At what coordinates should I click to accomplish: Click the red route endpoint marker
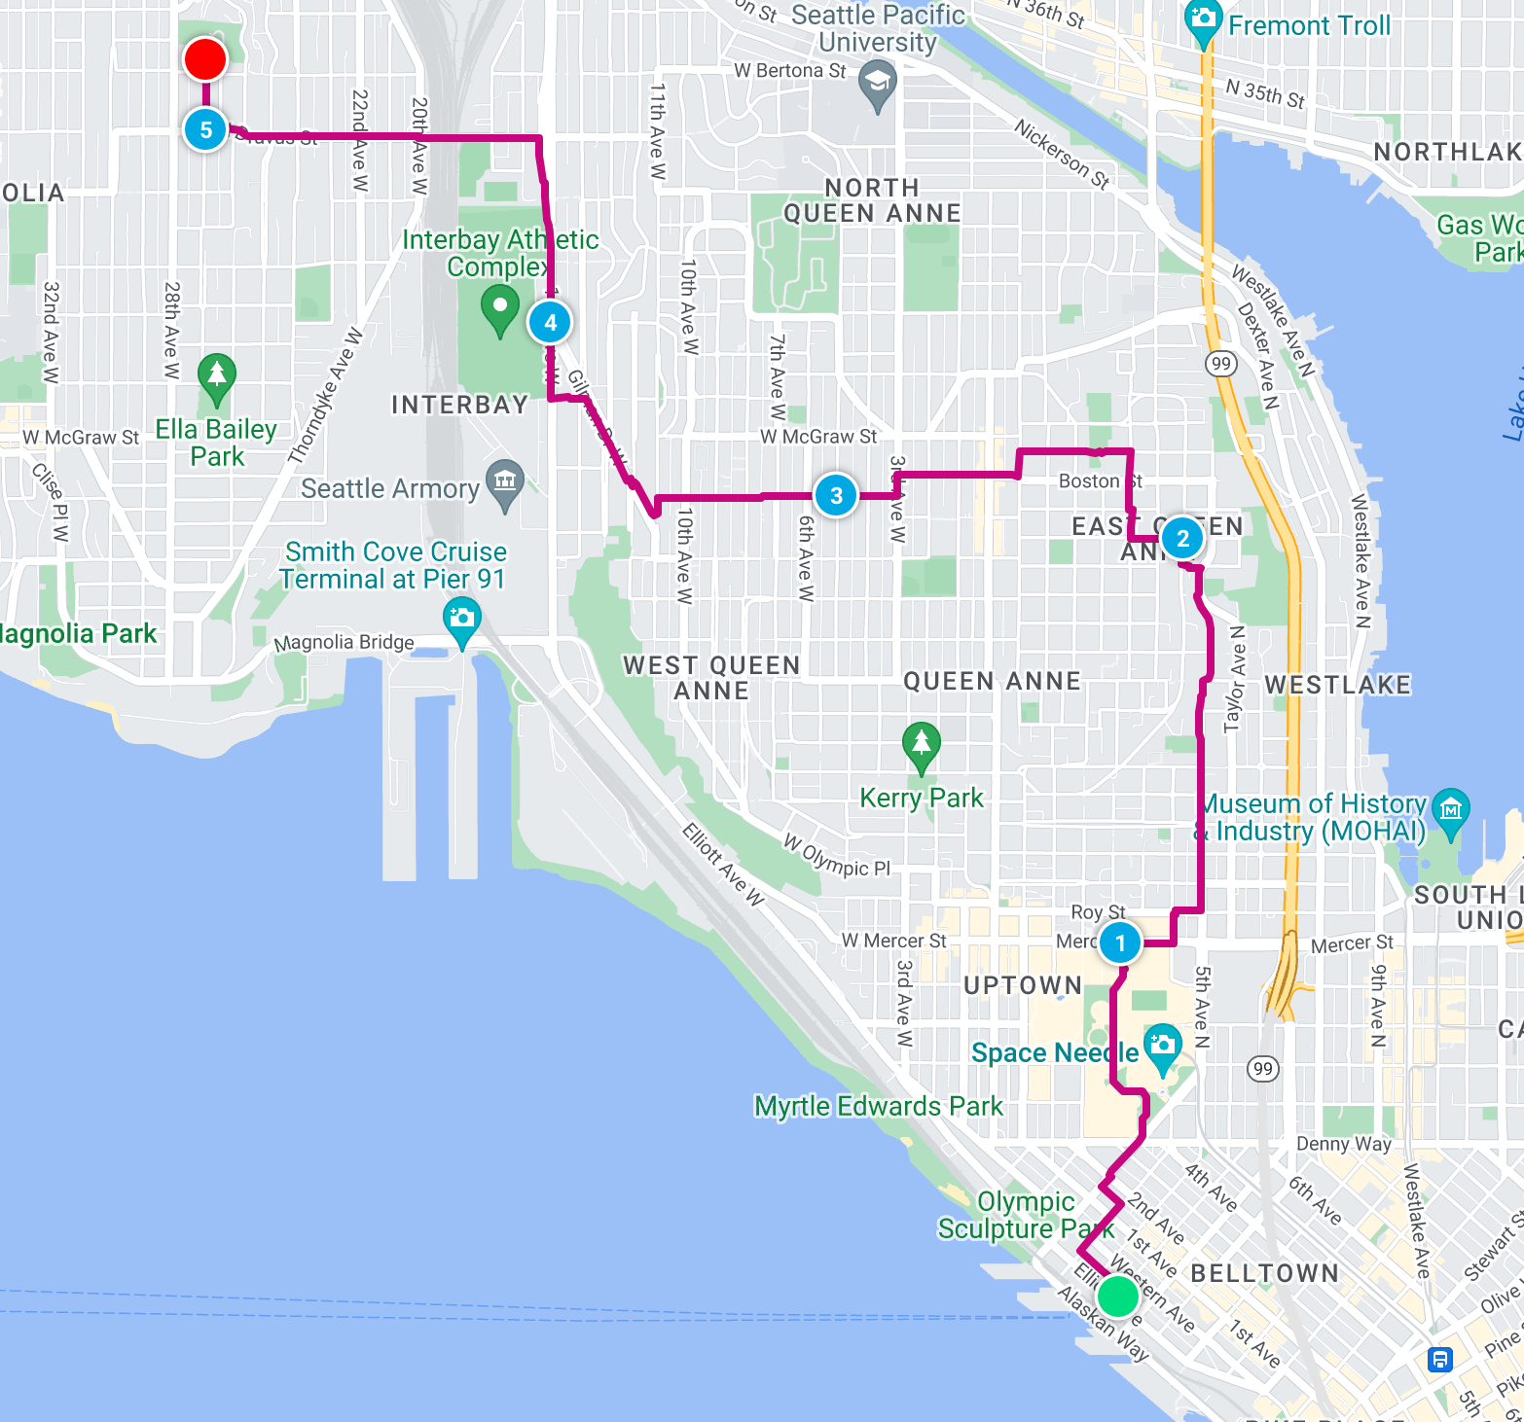pos(205,59)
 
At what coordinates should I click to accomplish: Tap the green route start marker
pos(1118,1297)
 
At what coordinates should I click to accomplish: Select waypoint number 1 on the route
pos(1120,942)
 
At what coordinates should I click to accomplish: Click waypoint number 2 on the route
pos(1182,538)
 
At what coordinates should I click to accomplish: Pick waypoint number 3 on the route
pos(836,495)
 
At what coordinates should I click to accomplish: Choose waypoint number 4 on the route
pos(550,322)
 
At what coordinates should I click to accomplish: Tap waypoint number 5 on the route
pos(205,129)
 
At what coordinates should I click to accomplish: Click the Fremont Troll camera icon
pos(1204,19)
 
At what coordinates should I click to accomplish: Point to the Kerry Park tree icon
pos(921,744)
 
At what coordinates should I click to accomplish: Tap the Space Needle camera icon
pos(1162,1046)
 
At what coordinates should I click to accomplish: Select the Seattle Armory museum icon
pos(505,480)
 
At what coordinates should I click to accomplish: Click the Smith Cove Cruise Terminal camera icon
pos(461,619)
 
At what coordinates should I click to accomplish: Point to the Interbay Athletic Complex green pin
pos(500,306)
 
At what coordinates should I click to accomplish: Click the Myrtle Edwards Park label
pos(878,1107)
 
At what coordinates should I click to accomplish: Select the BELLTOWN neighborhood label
pos(1264,1273)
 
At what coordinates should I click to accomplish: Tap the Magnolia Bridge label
pos(345,643)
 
